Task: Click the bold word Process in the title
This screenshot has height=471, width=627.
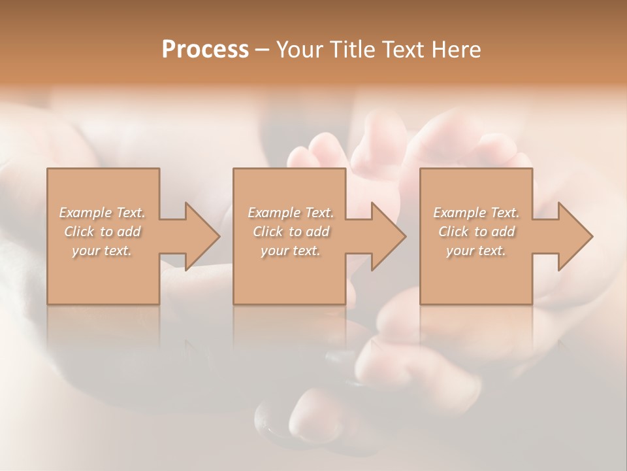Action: tap(205, 50)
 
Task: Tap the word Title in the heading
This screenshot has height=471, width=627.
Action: tap(351, 50)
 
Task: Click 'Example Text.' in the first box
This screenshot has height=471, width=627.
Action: tap(103, 213)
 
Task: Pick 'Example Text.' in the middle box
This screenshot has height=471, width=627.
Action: tap(291, 213)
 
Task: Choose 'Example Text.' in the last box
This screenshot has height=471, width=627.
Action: tap(476, 213)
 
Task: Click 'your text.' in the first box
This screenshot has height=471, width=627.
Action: tap(103, 251)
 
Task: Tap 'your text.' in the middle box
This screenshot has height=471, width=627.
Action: tap(291, 251)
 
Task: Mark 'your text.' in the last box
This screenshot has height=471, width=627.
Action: tap(476, 251)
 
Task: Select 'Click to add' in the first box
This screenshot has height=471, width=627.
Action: tap(103, 232)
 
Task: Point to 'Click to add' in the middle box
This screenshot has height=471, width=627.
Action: tap(291, 232)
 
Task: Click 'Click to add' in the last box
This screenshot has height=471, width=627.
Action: tap(476, 232)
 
